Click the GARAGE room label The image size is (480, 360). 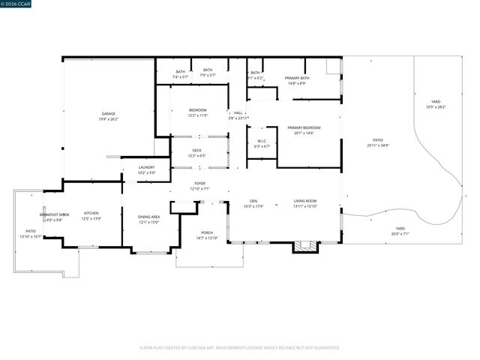point(109,114)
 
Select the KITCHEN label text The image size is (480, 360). point(91,213)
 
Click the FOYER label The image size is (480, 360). point(199,183)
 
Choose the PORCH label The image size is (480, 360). point(206,232)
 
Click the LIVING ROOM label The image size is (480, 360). point(304,201)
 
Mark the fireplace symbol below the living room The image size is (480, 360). point(303,244)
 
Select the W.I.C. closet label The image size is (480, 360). point(262,141)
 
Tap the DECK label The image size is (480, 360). point(196,150)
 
